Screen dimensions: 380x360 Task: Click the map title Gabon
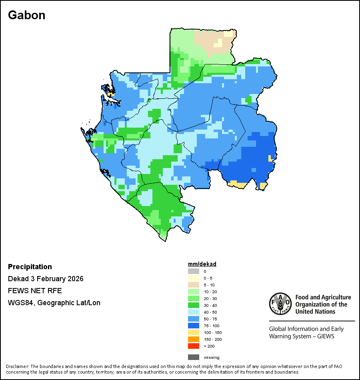(26, 15)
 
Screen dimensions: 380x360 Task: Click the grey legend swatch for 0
(194, 271)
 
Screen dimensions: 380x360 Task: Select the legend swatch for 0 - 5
(194, 278)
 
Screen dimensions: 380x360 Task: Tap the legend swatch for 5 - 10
(194, 285)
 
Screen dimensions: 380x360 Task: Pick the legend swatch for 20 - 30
(194, 298)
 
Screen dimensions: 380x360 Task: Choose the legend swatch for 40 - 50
(194, 312)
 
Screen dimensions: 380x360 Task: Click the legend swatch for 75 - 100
(194, 326)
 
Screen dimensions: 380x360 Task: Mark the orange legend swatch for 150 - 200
(194, 339)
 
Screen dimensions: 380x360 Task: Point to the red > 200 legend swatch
(194, 346)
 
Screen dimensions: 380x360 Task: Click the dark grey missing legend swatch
(194, 357)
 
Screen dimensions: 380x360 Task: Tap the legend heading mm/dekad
(202, 264)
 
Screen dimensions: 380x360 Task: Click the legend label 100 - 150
(212, 332)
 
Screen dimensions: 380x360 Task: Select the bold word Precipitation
(30, 267)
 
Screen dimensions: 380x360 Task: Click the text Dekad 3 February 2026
(46, 279)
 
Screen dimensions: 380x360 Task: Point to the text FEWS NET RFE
(35, 291)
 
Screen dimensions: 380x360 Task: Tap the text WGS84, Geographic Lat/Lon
(54, 303)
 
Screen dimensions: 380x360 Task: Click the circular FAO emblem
(280, 304)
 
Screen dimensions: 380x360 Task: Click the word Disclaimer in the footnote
(17, 366)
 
